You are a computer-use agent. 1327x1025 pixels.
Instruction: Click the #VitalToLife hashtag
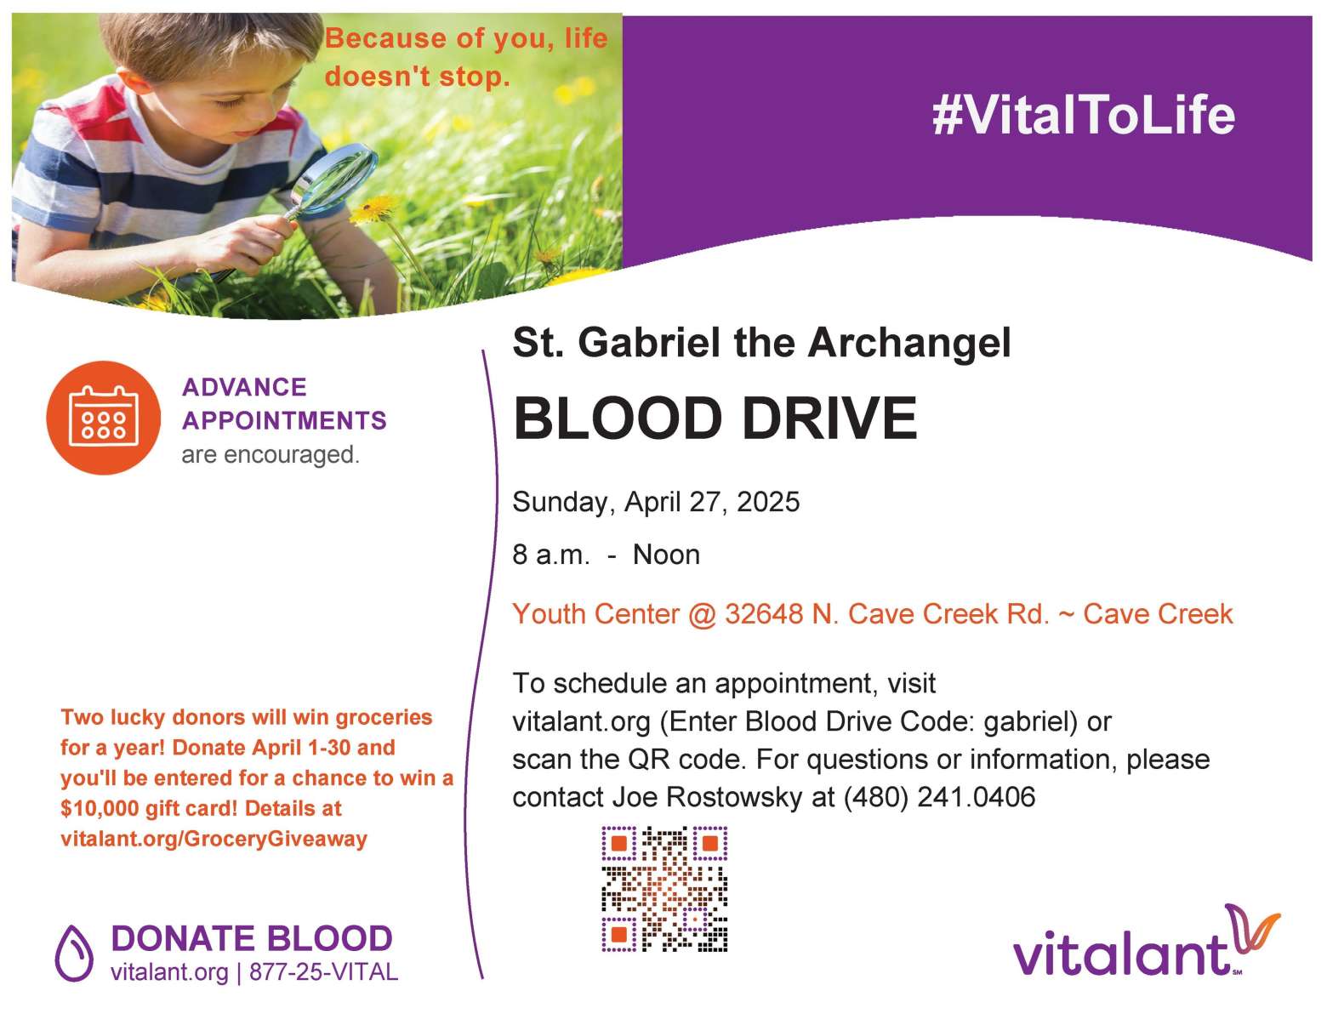pyautogui.click(x=1084, y=115)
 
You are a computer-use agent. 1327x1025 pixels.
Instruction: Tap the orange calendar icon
pyautogui.click(x=103, y=418)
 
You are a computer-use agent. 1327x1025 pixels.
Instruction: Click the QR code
pyautogui.click(x=664, y=889)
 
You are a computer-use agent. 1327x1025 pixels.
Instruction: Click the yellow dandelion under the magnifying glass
pyautogui.click(x=373, y=208)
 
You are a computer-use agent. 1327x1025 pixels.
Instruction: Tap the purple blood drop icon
pyautogui.click(x=74, y=953)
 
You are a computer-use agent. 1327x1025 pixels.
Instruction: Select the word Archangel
pyautogui.click(x=909, y=343)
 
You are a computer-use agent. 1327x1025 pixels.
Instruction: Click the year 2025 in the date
pyautogui.click(x=768, y=502)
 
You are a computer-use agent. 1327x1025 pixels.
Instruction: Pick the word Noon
pyautogui.click(x=666, y=555)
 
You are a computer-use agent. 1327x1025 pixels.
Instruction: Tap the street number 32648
pyautogui.click(x=764, y=614)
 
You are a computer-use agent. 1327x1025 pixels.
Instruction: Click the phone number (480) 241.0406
pyautogui.click(x=940, y=797)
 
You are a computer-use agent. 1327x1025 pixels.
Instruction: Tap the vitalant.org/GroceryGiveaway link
pyautogui.click(x=214, y=840)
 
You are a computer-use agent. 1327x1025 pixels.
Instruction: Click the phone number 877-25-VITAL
pyautogui.click(x=323, y=972)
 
